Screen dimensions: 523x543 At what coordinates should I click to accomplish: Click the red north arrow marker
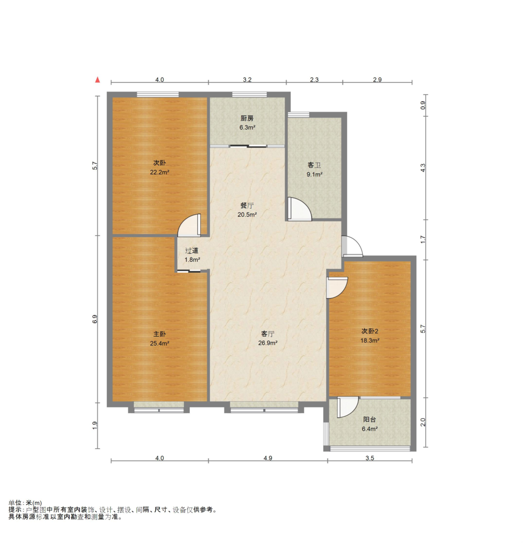click(x=98, y=80)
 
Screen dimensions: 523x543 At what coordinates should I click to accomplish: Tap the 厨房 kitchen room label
click(x=247, y=118)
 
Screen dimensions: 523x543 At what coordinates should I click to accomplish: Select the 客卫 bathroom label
click(x=314, y=165)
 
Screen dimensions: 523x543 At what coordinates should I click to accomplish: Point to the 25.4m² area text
click(x=160, y=343)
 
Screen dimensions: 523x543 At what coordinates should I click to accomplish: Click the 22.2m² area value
click(x=160, y=172)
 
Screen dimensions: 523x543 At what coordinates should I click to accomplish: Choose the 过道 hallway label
click(x=191, y=250)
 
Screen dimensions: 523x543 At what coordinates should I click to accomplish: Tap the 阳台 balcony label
click(x=369, y=419)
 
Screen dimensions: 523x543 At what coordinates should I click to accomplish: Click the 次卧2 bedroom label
click(x=370, y=331)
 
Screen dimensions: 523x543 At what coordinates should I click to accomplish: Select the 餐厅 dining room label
click(x=247, y=205)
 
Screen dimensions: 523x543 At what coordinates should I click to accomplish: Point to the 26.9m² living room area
click(x=268, y=343)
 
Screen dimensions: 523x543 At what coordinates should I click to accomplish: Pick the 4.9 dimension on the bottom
click(x=268, y=458)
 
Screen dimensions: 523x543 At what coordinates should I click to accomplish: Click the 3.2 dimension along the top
click(x=247, y=80)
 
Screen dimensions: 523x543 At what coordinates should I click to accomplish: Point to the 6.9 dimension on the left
click(x=95, y=319)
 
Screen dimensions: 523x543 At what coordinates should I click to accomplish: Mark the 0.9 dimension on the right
click(x=423, y=105)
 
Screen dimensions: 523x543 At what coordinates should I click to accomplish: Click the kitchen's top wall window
click(x=249, y=94)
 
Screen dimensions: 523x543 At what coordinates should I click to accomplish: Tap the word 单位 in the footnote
click(x=15, y=503)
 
